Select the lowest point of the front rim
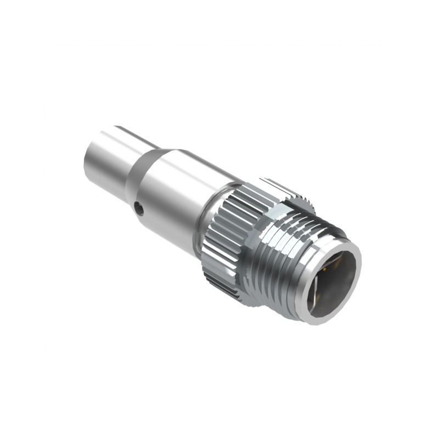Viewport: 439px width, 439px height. point(318,323)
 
